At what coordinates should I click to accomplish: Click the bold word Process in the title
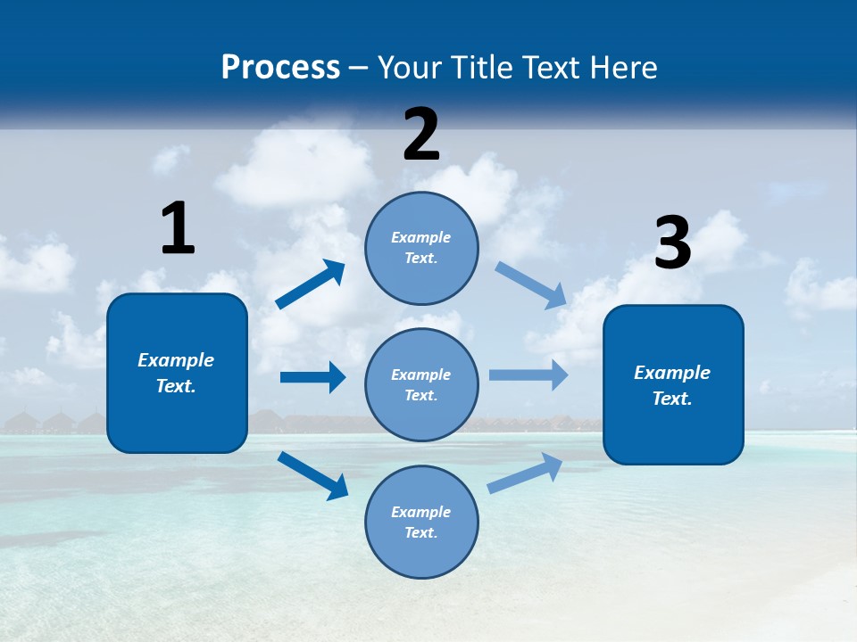280,67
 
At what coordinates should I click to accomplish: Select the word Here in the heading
622,67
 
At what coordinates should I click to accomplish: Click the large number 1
177,228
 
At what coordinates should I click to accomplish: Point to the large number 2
421,135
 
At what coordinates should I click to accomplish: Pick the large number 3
672,243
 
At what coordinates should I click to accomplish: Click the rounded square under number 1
177,373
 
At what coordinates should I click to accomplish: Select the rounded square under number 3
673,384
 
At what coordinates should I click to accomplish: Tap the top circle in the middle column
421,248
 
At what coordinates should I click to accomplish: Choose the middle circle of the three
421,384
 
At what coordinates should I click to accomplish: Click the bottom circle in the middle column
421,522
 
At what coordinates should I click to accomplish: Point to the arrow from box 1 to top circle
311,284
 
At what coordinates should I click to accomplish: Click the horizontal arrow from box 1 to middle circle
312,377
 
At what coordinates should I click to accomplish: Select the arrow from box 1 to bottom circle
312,475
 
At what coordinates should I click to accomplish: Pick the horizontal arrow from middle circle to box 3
528,375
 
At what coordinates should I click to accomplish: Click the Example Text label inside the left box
176,373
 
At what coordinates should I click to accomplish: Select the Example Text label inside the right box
672,385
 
